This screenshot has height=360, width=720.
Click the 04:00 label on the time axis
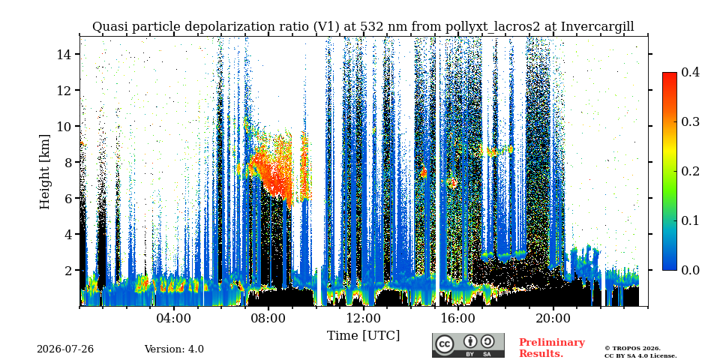[174, 318]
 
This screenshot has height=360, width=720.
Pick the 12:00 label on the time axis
[363, 318]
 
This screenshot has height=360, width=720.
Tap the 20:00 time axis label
[553, 318]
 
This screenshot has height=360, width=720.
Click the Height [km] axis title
[44, 172]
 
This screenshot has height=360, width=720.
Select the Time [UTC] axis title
[363, 336]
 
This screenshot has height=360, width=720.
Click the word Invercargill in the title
[598, 27]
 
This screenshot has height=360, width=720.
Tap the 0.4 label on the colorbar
[690, 72]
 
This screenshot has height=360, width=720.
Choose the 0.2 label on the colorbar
[690, 171]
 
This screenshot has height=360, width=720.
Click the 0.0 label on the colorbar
[690, 270]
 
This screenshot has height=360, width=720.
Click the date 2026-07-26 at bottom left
[65, 349]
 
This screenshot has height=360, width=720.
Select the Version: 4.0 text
[174, 349]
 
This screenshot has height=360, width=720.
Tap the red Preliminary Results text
[552, 348]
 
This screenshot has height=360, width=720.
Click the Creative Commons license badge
[468, 345]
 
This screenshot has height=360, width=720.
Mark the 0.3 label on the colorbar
[690, 121]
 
